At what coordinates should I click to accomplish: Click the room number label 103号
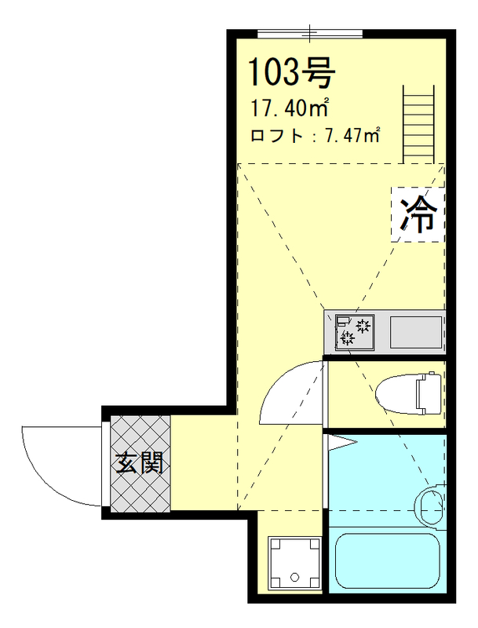click(x=292, y=72)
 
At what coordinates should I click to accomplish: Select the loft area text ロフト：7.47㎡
click(x=314, y=135)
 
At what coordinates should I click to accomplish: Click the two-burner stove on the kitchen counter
click(x=355, y=331)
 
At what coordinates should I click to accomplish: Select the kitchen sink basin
click(x=416, y=331)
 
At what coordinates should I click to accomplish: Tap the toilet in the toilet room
click(x=405, y=392)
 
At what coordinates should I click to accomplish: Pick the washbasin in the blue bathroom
click(x=431, y=505)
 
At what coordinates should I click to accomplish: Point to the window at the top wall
click(x=311, y=35)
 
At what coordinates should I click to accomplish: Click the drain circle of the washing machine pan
click(x=294, y=577)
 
